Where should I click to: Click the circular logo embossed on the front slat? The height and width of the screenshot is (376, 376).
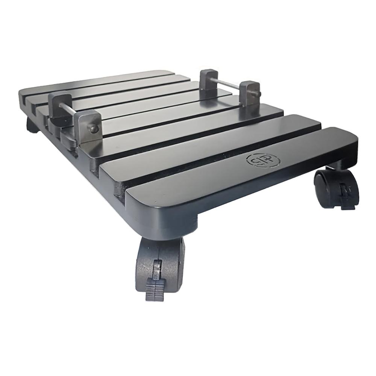tap(263, 160)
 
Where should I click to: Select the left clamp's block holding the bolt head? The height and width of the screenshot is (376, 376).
tap(87, 126)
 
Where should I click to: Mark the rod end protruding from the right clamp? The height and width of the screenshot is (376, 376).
tap(259, 94)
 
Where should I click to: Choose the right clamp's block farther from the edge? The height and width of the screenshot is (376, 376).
tap(209, 79)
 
